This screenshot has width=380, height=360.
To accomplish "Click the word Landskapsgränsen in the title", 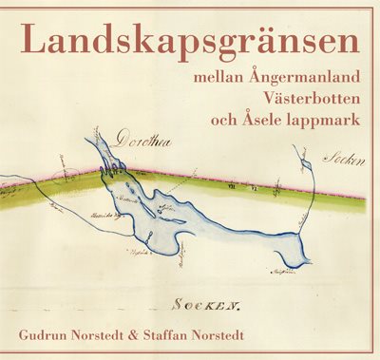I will [190, 40].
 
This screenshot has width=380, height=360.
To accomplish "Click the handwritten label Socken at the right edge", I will [343, 161].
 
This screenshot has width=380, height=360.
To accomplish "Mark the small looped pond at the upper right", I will [306, 168].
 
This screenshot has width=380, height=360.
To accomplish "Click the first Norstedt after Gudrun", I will [118, 336].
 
